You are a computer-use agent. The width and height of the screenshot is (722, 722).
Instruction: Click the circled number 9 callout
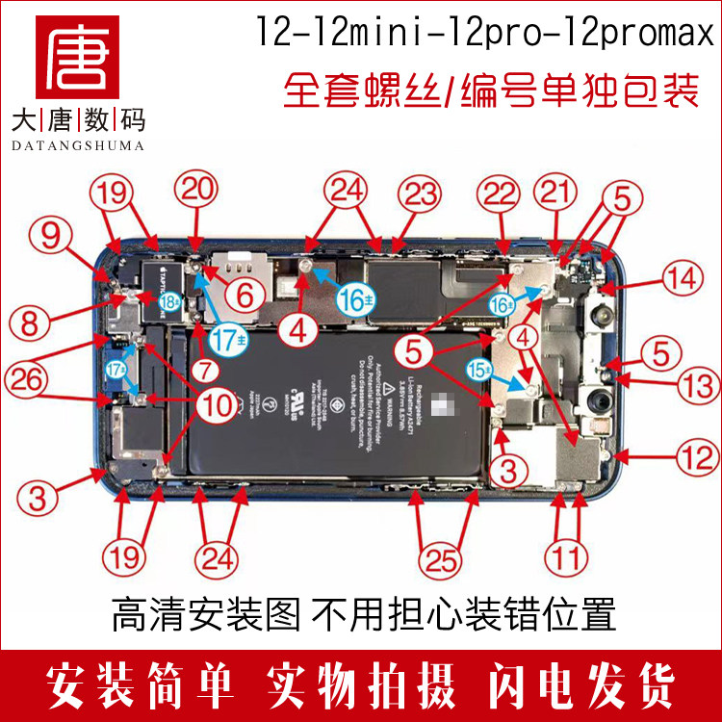[57, 231]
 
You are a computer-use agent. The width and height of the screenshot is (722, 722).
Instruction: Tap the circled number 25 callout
[442, 555]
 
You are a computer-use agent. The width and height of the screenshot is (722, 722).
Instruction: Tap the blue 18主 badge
[169, 299]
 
